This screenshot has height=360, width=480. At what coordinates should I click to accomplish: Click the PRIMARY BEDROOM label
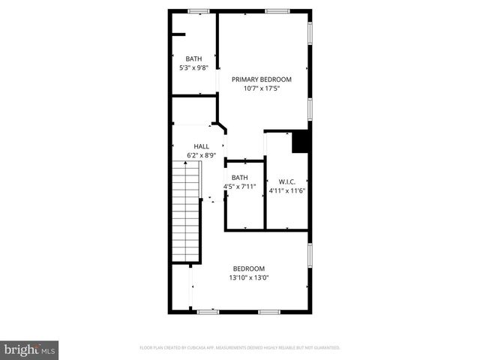tap(261, 79)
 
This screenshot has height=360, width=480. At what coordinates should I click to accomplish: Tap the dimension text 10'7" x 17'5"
tap(261, 88)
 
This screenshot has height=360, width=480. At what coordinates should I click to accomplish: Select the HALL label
tap(201, 146)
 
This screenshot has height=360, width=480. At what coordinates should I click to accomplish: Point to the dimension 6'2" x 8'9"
tap(201, 155)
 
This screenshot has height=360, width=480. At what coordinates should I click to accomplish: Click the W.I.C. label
tap(286, 181)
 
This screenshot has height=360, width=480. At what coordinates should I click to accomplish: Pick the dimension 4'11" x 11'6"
tap(286, 190)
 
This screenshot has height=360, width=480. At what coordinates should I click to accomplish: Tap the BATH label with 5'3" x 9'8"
tap(194, 59)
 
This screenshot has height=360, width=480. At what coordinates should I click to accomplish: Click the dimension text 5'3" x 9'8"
tap(194, 68)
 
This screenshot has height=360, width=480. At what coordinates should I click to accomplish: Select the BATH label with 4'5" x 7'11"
tap(239, 178)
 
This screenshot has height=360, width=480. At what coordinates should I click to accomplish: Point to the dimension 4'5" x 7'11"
tap(240, 187)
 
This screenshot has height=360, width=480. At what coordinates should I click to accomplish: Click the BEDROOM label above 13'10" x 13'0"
tap(248, 268)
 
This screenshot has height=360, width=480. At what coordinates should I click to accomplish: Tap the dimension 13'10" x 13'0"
tap(248, 278)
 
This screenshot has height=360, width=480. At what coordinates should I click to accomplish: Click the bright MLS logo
tap(30, 349)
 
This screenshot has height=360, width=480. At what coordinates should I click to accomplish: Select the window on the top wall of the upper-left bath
tap(198, 10)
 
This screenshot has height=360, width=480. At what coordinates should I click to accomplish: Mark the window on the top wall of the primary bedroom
tap(277, 10)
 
